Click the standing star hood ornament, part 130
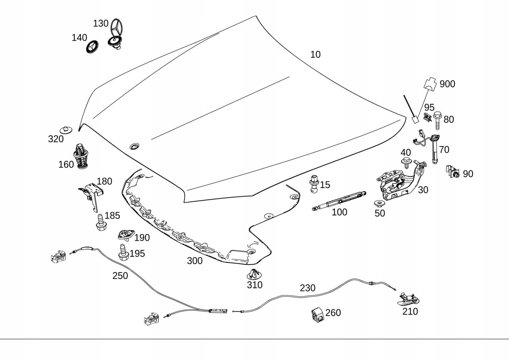point(116,34)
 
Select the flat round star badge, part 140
point(93,47)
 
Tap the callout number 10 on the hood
point(316,54)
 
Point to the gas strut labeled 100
point(339,201)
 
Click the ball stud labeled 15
point(314,184)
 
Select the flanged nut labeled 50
point(379,203)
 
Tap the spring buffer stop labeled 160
point(81,156)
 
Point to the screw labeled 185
point(101,222)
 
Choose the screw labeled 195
point(124,252)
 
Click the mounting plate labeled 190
point(126,235)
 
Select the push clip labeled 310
point(254,274)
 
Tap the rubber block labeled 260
point(318,315)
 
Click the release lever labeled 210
point(408,299)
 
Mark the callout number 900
point(447,84)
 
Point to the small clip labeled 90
point(453,172)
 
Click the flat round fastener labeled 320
point(66,130)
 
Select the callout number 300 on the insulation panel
point(195,261)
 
